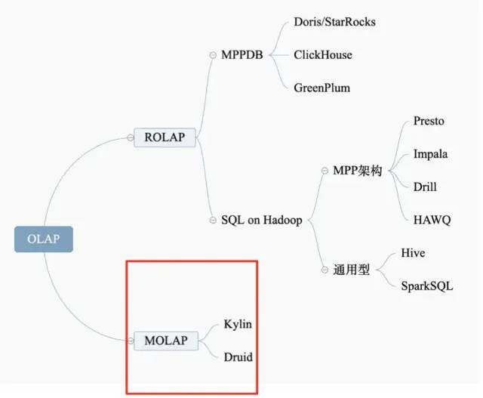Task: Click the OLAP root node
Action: pos(44,239)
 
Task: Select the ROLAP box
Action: pos(165,137)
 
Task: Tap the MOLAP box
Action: pos(165,341)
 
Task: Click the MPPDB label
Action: pos(242,54)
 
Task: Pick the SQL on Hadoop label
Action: pos(262,221)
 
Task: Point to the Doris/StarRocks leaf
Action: pos(334,22)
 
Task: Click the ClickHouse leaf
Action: pos(323,54)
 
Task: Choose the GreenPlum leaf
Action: pos(322,88)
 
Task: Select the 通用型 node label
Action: pos(352,270)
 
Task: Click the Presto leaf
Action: pos(429,121)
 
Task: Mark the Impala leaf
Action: pos(431,154)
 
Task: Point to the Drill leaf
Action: pos(425,187)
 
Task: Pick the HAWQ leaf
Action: pos(432,220)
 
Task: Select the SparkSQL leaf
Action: pos(428,286)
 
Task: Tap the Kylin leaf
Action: pos(238,324)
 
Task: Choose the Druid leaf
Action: pos(238,356)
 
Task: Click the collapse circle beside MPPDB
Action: pos(214,54)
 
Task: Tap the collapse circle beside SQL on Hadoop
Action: pos(214,221)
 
